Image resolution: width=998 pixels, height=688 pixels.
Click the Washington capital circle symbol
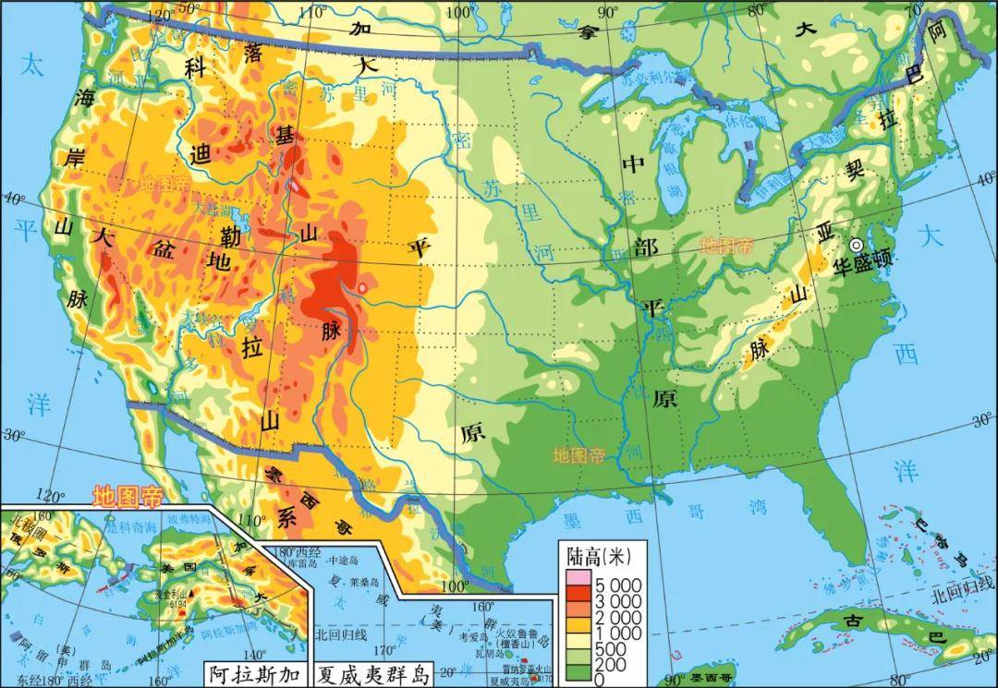click(x=857, y=245)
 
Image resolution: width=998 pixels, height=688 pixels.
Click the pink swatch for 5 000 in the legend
click(x=576, y=578)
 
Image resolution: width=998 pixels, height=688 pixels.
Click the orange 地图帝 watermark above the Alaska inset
click(x=127, y=497)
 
